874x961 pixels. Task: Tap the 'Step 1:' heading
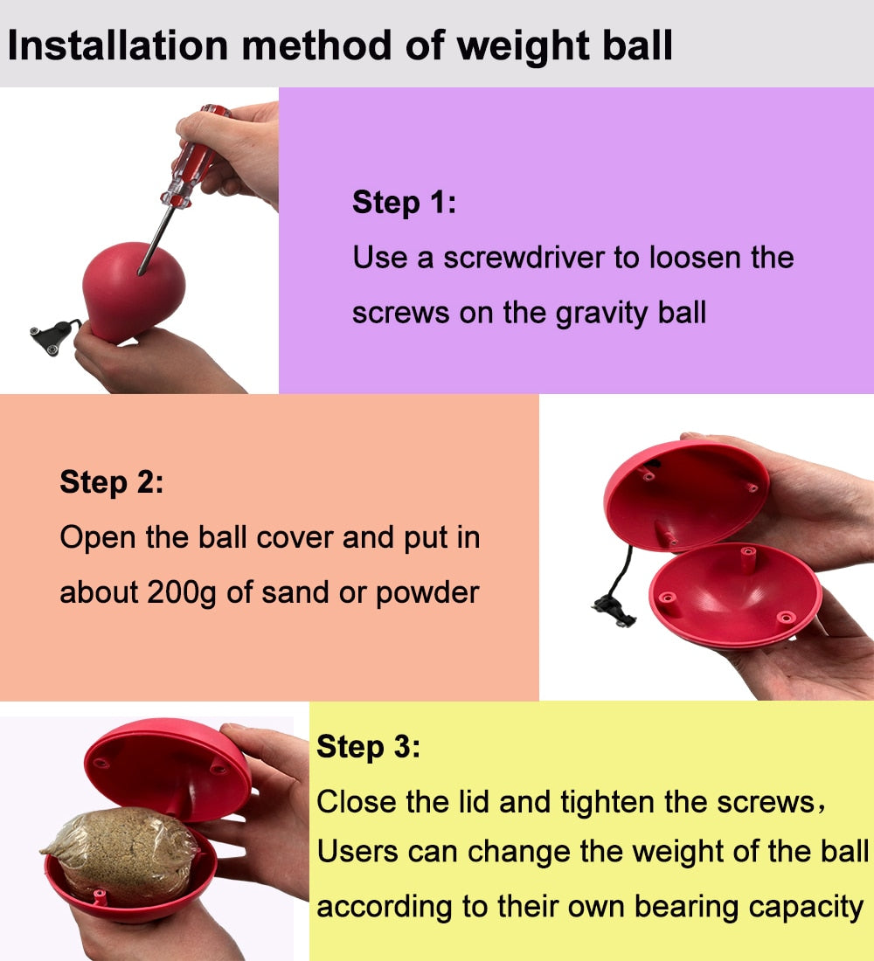pyautogui.click(x=404, y=203)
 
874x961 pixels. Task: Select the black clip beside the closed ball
pyautogui.click(x=53, y=335)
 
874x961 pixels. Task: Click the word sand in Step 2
pyautogui.click(x=296, y=593)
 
